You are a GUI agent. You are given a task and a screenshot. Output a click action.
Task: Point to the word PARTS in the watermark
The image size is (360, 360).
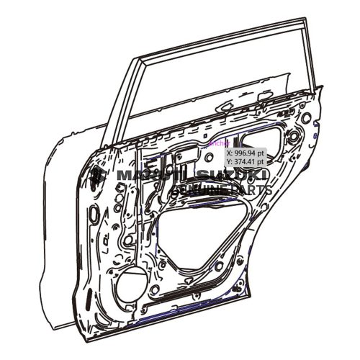click(250, 190)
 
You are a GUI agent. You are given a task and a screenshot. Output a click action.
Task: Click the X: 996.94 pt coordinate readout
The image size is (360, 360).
click(245, 153)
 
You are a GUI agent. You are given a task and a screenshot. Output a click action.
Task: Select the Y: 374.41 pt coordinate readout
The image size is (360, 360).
click(245, 162)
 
